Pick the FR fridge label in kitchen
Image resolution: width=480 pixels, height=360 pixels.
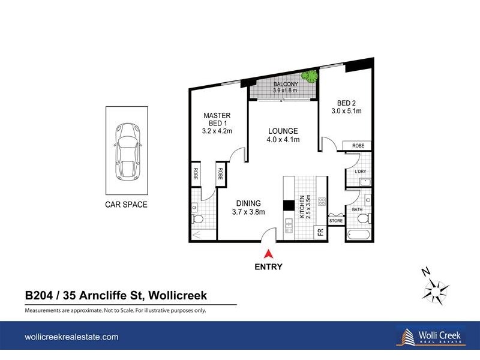coord(320,232)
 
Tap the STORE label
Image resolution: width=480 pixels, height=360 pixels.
coord(337,221)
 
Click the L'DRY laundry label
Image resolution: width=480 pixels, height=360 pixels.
coord(360,172)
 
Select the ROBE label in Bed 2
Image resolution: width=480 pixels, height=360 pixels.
coord(358,146)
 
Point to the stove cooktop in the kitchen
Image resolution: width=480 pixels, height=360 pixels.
coord(322,203)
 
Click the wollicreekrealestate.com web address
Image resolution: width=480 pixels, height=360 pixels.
coord(71,337)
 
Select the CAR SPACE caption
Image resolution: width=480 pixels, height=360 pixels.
coord(127,205)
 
